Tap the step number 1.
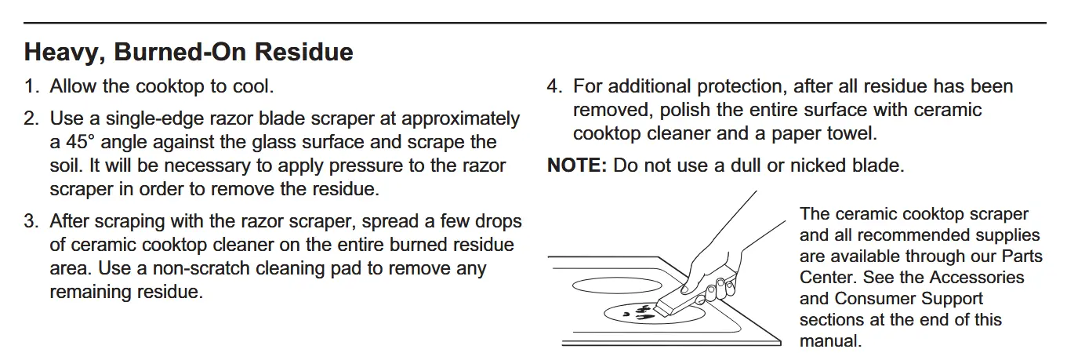(31, 87)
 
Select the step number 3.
(31, 222)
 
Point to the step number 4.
(554, 87)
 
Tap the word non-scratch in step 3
(200, 269)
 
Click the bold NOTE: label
(577, 165)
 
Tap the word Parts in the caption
(1022, 256)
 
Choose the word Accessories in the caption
(977, 278)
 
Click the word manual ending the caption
(831, 341)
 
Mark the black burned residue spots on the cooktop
(638, 313)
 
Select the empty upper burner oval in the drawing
(617, 286)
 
